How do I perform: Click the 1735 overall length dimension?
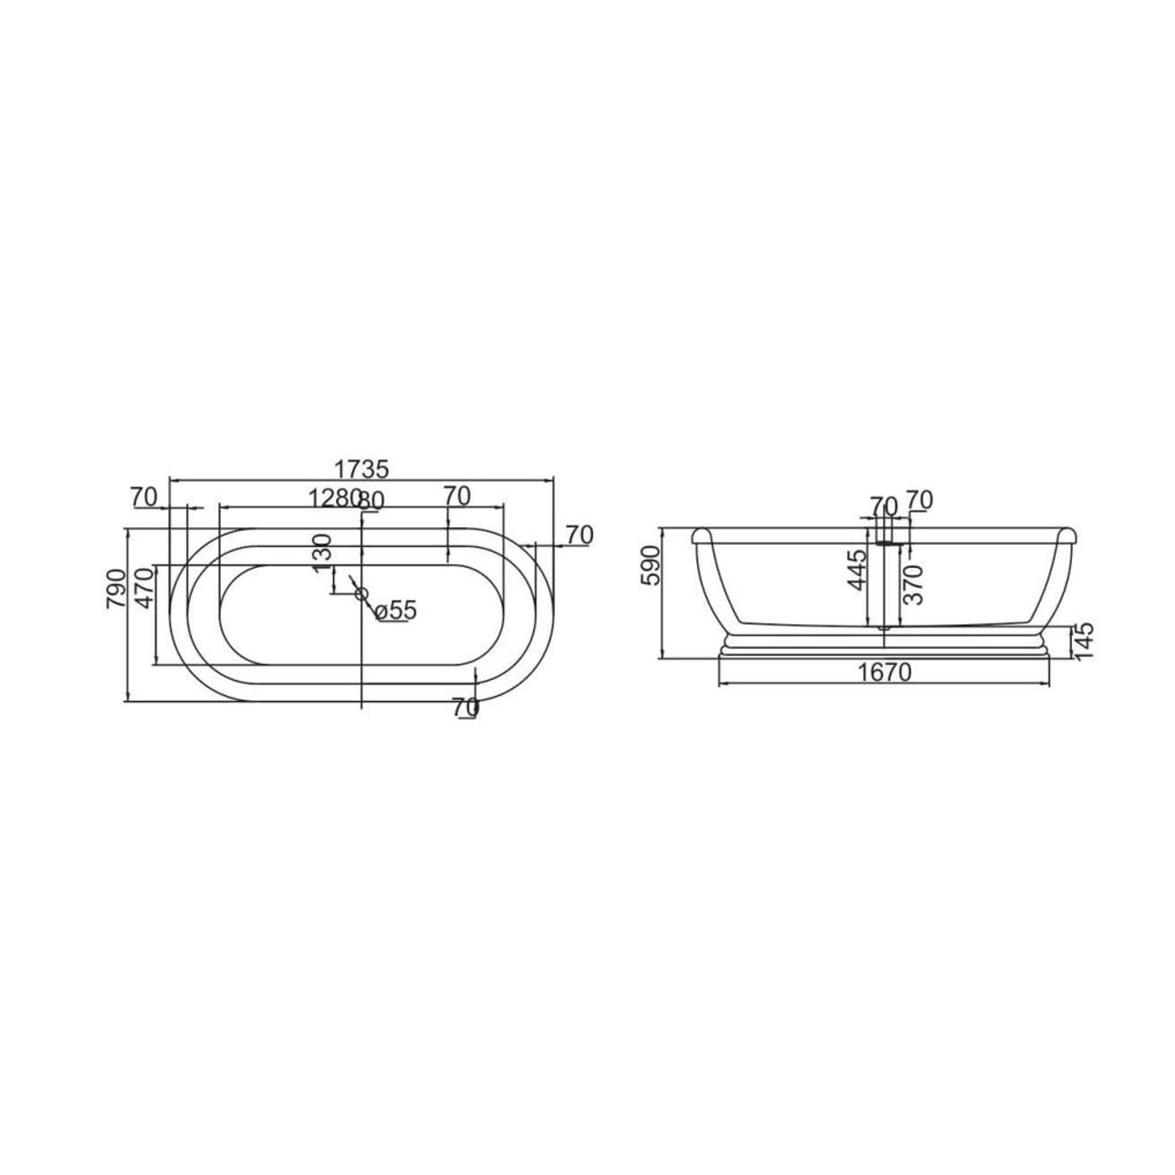pos(361,469)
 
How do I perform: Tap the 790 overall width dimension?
pos(116,589)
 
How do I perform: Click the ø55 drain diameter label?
pos(396,610)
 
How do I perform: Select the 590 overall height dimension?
pos(651,566)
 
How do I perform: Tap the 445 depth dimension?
pos(857,570)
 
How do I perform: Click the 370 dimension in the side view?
pos(914,585)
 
